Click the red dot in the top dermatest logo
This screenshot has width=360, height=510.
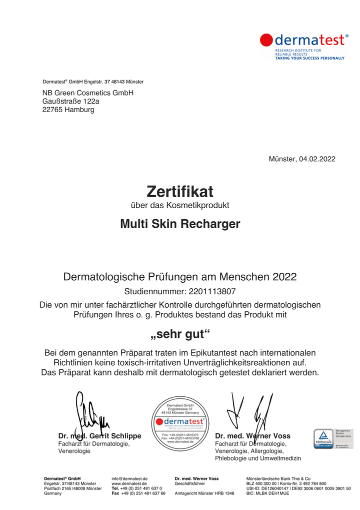(266, 40)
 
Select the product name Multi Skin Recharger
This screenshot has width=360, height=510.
(180, 224)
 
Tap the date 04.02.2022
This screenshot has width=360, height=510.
(317, 159)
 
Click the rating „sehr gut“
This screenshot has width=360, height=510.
(180, 334)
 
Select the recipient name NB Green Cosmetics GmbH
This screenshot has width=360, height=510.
(88, 93)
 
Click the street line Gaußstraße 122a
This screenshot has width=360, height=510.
(70, 101)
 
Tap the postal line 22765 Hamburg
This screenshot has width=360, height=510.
(68, 110)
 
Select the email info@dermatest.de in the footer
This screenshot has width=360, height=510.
(129, 478)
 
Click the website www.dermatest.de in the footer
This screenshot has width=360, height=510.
(129, 483)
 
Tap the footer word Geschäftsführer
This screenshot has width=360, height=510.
(189, 483)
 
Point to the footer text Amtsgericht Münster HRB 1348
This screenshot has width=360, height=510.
(204, 493)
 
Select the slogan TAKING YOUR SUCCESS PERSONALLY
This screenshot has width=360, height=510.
(309, 58)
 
